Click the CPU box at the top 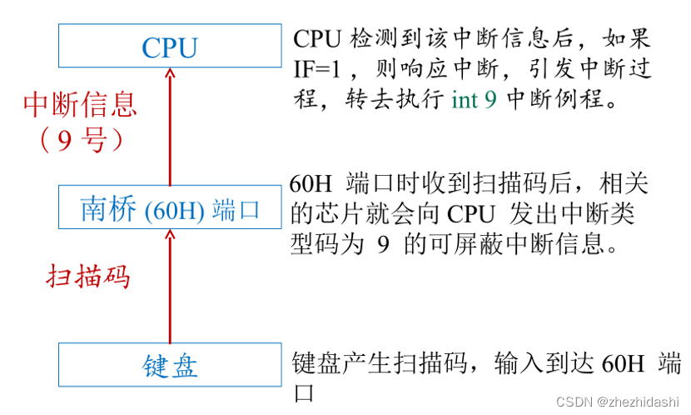tap(170, 46)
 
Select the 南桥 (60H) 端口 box tap(170, 207)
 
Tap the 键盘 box tap(170, 365)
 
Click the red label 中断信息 tap(79, 105)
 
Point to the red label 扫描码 tap(87, 276)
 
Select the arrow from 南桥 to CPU tap(170, 125)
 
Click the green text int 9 tap(475, 100)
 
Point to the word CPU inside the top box tap(170, 47)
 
